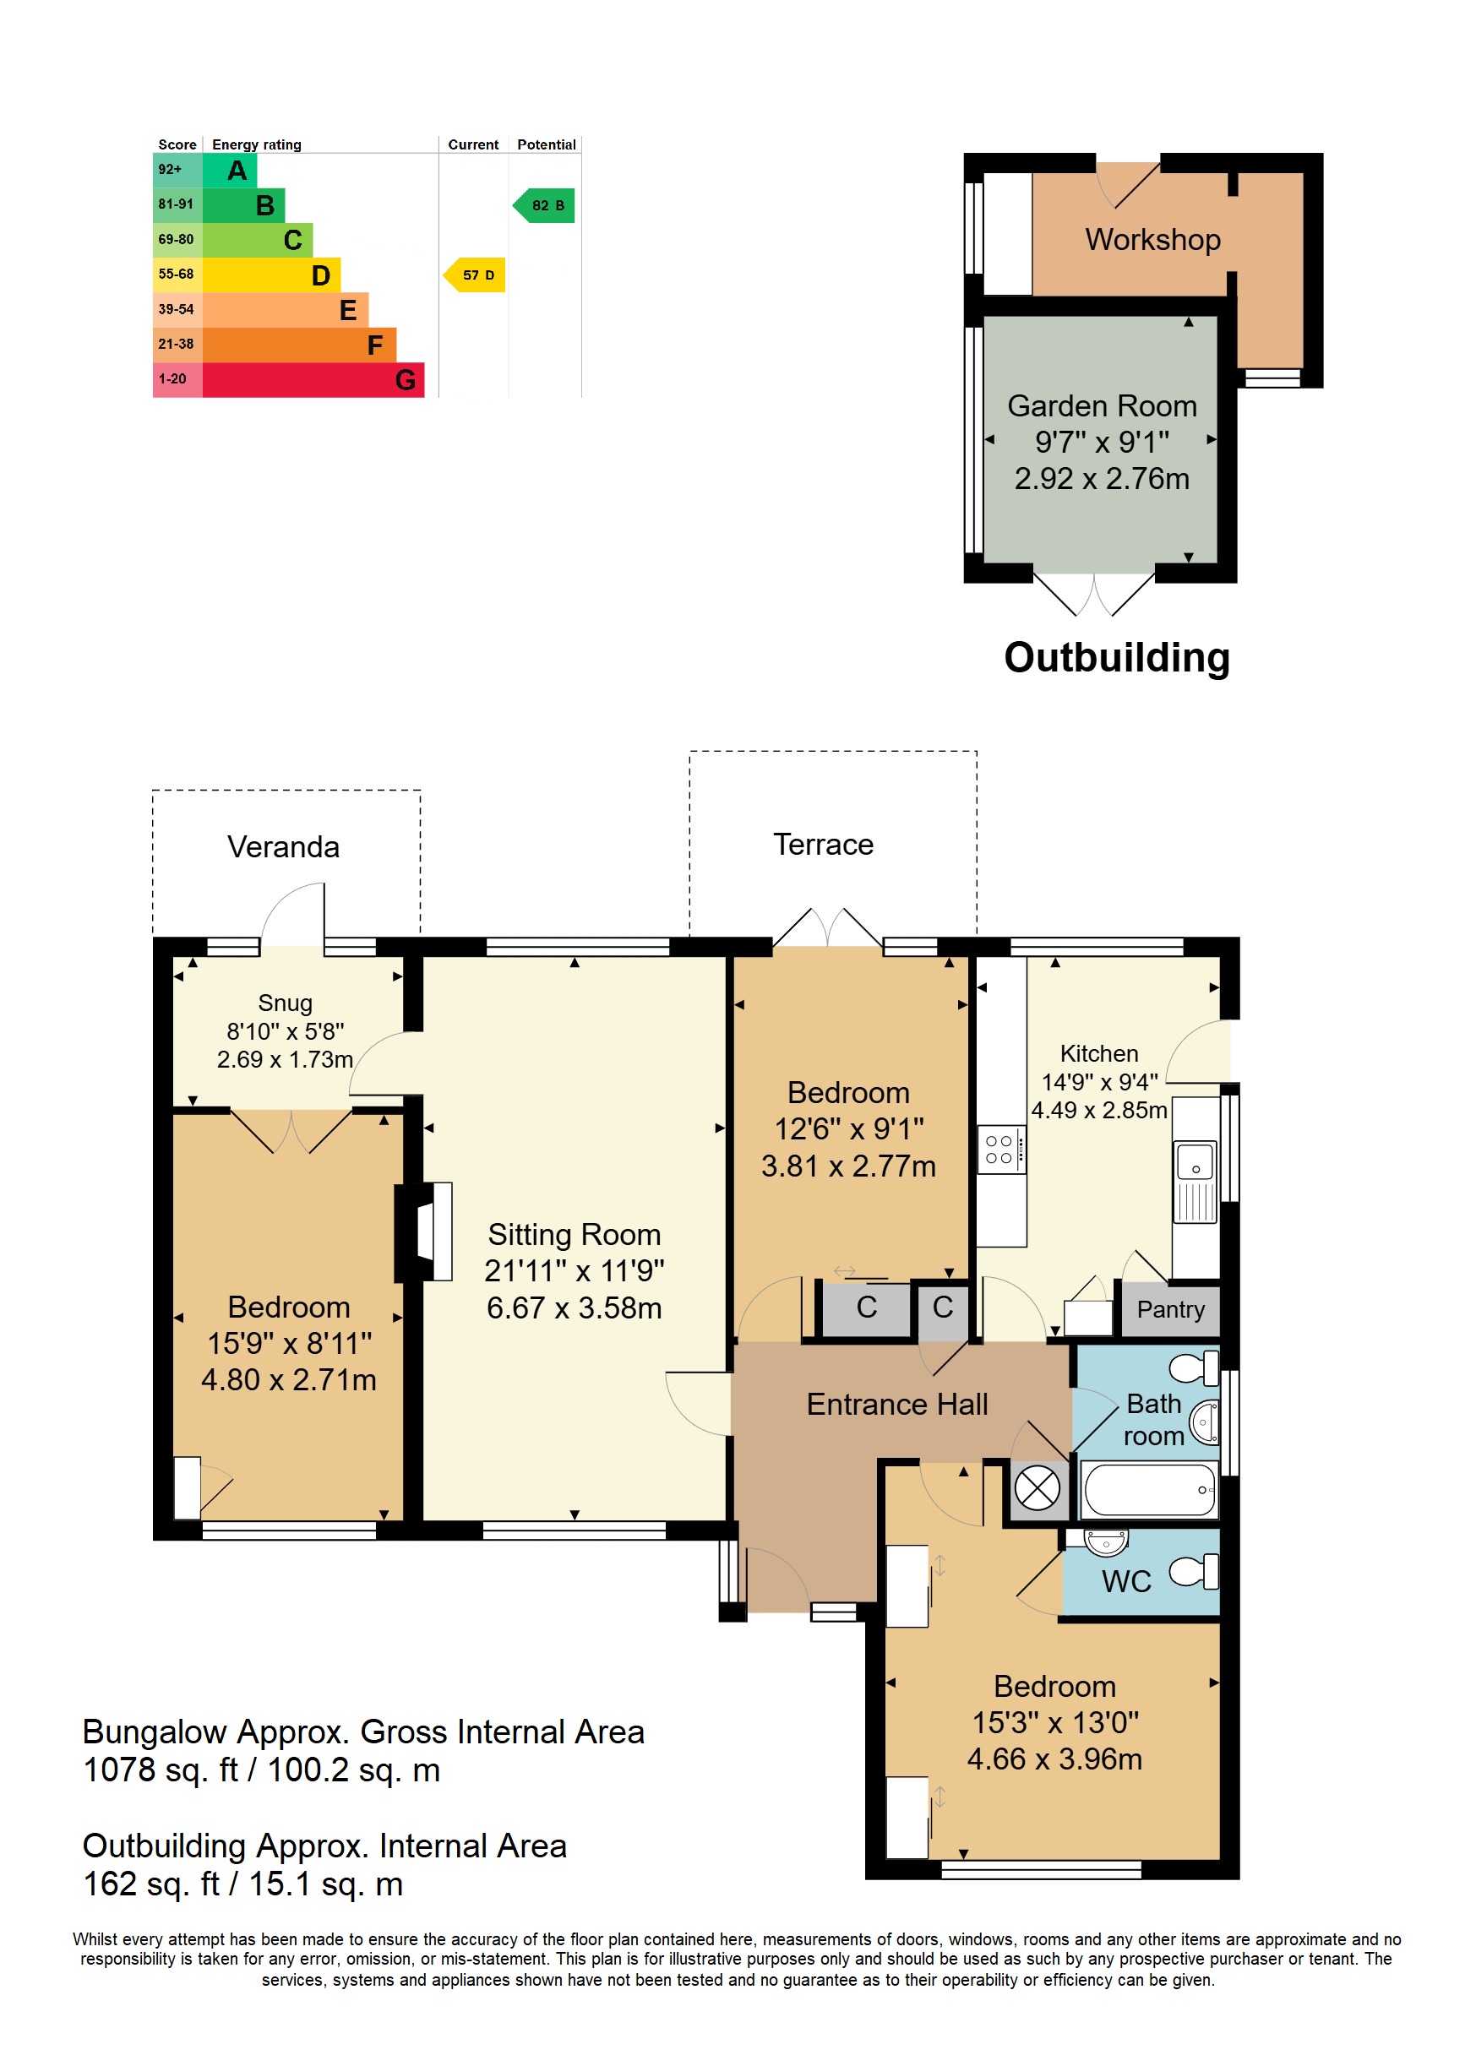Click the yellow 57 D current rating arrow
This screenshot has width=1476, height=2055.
click(474, 275)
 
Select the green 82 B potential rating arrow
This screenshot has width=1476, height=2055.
click(543, 206)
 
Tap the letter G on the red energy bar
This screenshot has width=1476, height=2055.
click(405, 379)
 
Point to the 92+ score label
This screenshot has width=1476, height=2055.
click(170, 170)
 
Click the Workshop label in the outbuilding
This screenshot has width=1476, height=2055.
click(1152, 239)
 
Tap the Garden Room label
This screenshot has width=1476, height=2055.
click(1102, 406)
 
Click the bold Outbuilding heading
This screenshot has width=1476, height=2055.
click(1116, 658)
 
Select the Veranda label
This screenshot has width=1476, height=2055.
click(284, 846)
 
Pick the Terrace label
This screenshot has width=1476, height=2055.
click(823, 844)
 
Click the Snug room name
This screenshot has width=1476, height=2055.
click(285, 1003)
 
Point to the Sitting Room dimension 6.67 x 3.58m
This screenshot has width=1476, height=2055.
click(574, 1307)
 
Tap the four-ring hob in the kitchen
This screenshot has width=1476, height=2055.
click(1001, 1150)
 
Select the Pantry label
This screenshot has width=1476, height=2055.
click(1171, 1309)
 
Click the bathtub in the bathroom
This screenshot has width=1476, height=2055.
click(1150, 1489)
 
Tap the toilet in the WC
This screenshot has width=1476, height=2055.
click(1194, 1571)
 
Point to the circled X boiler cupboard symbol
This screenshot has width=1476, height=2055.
click(1037, 1487)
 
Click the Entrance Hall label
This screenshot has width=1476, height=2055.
click(897, 1405)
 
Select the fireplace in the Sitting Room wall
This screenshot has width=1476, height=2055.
click(424, 1231)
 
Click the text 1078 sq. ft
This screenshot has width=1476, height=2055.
click(161, 1770)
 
